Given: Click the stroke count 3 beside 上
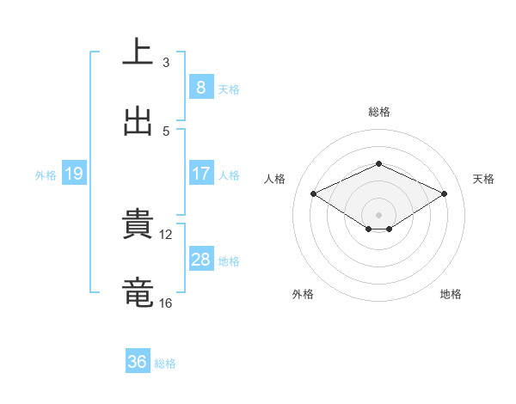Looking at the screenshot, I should tap(166, 63).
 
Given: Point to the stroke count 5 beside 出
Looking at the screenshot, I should tap(166, 132).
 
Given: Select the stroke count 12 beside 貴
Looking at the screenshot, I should tap(167, 235).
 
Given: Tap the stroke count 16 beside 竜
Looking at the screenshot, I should tap(167, 303).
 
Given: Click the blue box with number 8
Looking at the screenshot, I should tap(200, 87).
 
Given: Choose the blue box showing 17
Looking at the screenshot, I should tap(200, 174).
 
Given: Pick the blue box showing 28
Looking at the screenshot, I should tap(200, 260).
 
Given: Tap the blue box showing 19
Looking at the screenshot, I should tap(73, 174).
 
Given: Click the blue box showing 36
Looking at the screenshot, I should tap(137, 362).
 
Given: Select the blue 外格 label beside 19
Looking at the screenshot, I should tap(46, 174).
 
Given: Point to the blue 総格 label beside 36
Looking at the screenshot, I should tap(165, 364).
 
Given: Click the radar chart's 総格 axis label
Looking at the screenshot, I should tap(378, 112).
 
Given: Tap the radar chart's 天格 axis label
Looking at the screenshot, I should tap(483, 179).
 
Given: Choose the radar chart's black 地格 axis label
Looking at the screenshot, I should tap(451, 294).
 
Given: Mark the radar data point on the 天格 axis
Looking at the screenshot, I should tap(444, 194).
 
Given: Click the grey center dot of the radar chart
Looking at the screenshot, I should tap(378, 214).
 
